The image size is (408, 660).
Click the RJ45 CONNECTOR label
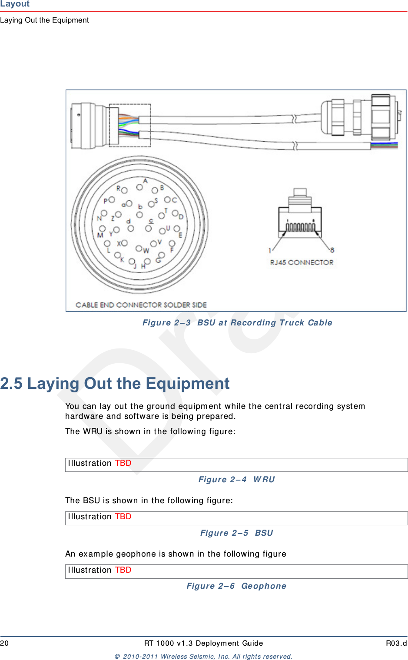tap(302, 262)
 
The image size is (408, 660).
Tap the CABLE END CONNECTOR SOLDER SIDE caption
tap(141, 305)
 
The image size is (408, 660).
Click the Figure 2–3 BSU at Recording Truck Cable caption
tap(237, 323)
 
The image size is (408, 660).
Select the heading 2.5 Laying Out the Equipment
tap(115, 384)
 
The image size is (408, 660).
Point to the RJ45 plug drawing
tap(300, 215)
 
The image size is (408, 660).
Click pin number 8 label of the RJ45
tap(332, 250)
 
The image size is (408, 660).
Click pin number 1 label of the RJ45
tap(270, 250)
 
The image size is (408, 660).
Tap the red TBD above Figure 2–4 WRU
tap(123, 463)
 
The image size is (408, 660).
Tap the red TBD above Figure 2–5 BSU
tap(123, 517)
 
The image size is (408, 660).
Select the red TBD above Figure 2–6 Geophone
tap(123, 570)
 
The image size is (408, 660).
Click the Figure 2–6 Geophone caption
tap(236, 586)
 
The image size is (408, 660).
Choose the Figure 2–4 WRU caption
tap(236, 480)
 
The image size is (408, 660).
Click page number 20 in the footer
tap(4, 643)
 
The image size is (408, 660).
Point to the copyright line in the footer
tap(203, 657)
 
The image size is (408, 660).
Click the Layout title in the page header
tap(15, 4)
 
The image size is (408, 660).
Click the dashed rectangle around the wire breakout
tap(130, 125)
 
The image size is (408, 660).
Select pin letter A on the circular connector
tap(146, 181)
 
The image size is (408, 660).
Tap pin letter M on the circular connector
tap(100, 235)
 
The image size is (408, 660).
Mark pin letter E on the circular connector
tap(180, 235)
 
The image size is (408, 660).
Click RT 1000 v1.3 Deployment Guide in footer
tap(203, 643)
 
